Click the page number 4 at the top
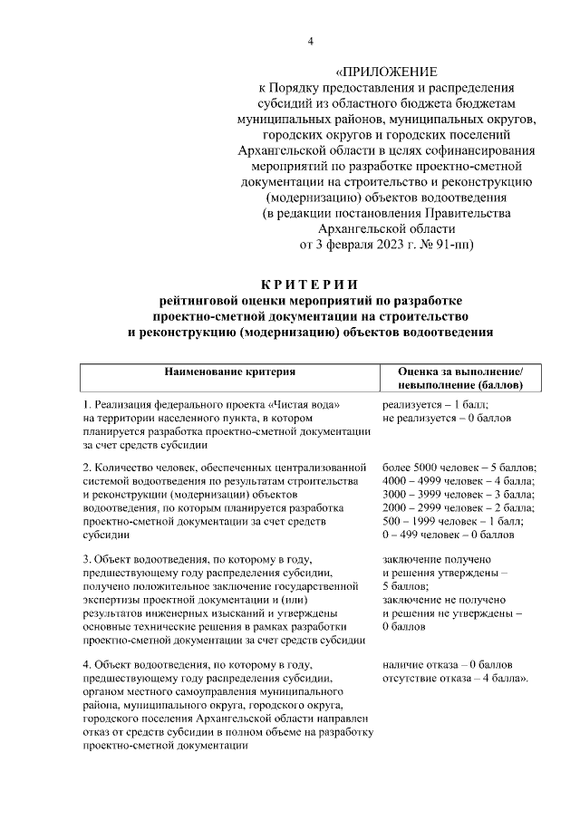click(x=311, y=41)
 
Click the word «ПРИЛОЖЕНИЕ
click(x=386, y=72)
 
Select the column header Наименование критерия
click(x=229, y=371)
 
